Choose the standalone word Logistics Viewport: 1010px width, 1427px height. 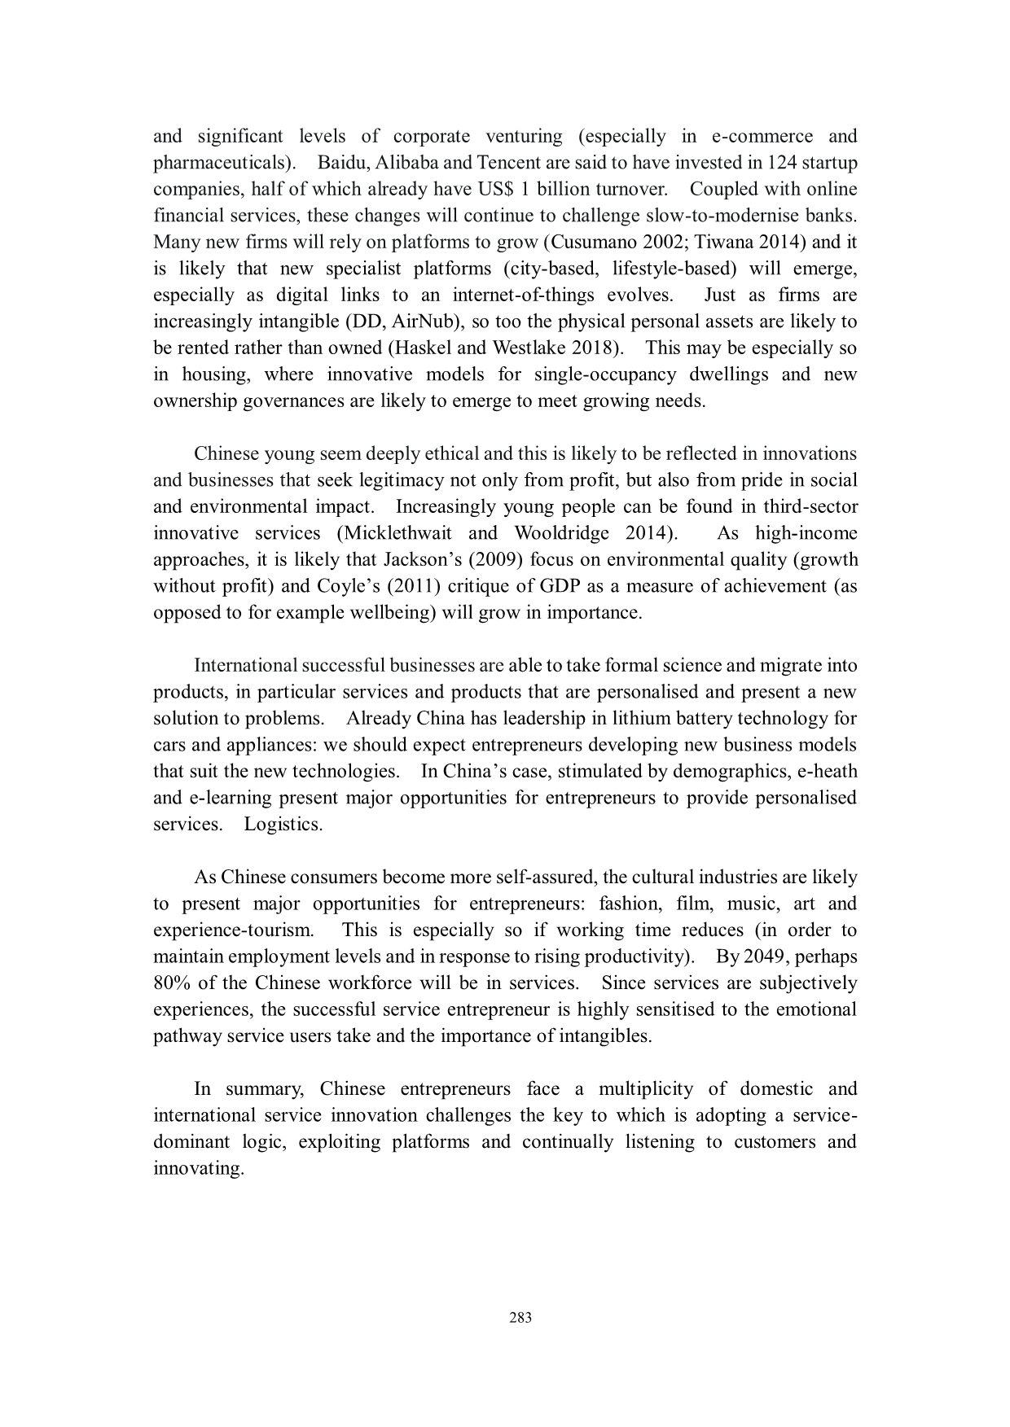(283, 824)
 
